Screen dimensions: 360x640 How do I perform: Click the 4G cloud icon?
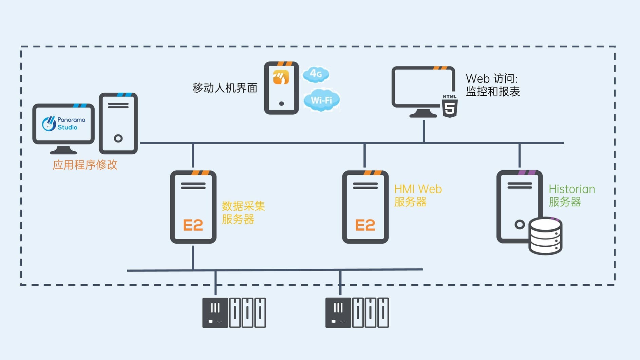[x=316, y=74]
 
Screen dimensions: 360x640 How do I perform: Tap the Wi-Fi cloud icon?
[x=321, y=100]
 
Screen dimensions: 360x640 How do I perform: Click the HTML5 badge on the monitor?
[x=450, y=106]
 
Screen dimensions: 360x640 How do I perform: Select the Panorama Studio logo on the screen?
[x=63, y=124]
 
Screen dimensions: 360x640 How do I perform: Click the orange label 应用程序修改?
[x=85, y=165]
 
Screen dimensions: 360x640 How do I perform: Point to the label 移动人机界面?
[x=225, y=88]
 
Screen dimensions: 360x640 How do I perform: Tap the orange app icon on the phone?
[x=281, y=77]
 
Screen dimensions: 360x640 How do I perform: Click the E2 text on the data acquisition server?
[x=193, y=225]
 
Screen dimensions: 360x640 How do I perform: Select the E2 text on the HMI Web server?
[x=365, y=225]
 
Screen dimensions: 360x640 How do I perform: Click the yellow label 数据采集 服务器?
[x=243, y=212]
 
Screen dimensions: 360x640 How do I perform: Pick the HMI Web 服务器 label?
[x=418, y=195]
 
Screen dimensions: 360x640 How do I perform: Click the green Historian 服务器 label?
[x=571, y=195]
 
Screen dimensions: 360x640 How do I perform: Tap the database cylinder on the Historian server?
[x=545, y=236]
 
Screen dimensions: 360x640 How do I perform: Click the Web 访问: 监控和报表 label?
[x=492, y=85]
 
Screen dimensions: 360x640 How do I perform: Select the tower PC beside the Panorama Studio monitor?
[x=118, y=124]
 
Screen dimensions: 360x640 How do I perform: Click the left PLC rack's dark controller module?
[x=215, y=313]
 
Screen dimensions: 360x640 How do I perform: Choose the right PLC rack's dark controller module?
[x=338, y=313]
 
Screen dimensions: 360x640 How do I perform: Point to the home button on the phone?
[x=281, y=104]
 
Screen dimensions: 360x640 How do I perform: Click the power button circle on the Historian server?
[x=520, y=224]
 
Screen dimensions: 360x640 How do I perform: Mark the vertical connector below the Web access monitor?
[x=424, y=131]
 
